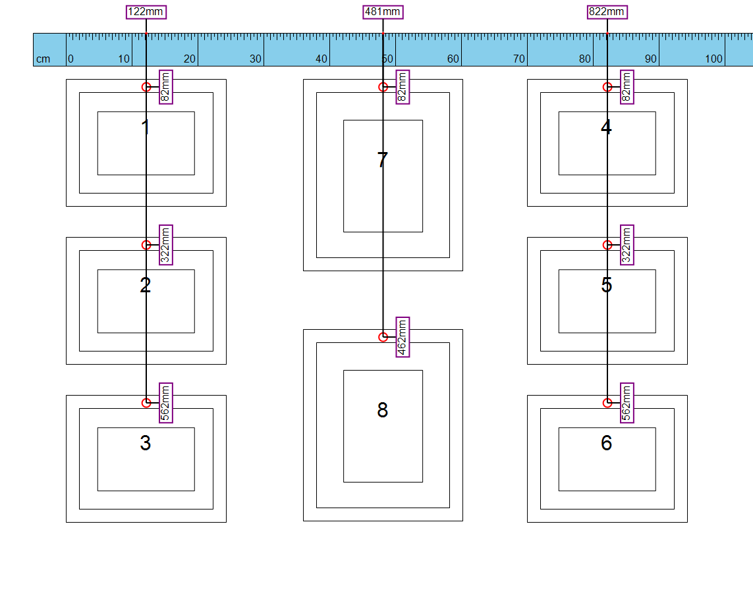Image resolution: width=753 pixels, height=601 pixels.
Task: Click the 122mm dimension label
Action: (146, 12)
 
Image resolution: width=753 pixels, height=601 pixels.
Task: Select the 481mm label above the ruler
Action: (383, 12)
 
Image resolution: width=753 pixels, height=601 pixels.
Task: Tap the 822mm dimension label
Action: (607, 12)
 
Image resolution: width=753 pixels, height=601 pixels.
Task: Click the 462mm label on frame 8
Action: (403, 337)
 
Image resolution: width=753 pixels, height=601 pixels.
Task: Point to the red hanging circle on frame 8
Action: (383, 337)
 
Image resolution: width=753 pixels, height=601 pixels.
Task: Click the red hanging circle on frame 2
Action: (146, 245)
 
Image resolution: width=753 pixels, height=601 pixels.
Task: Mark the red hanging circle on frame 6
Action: (607, 403)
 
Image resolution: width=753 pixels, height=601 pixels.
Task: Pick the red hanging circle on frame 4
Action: (607, 87)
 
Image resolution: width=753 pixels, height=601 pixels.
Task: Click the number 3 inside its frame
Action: (146, 442)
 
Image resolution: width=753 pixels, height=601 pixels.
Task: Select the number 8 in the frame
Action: (382, 410)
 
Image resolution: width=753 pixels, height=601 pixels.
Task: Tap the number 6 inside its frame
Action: (607, 442)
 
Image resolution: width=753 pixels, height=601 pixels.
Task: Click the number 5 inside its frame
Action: (607, 284)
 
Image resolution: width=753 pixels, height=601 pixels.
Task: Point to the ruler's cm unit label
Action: (43, 59)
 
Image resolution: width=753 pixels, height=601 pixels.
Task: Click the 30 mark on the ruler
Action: (256, 59)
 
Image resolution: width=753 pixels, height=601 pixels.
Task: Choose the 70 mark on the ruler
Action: (518, 59)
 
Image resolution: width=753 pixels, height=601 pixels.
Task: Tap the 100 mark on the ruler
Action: (713, 59)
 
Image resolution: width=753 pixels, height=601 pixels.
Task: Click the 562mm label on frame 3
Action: (165, 403)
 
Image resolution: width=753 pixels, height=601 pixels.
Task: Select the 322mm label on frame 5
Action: (627, 245)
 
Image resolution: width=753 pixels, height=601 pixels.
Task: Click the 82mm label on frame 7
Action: (403, 87)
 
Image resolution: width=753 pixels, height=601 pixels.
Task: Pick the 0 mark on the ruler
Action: (70, 59)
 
